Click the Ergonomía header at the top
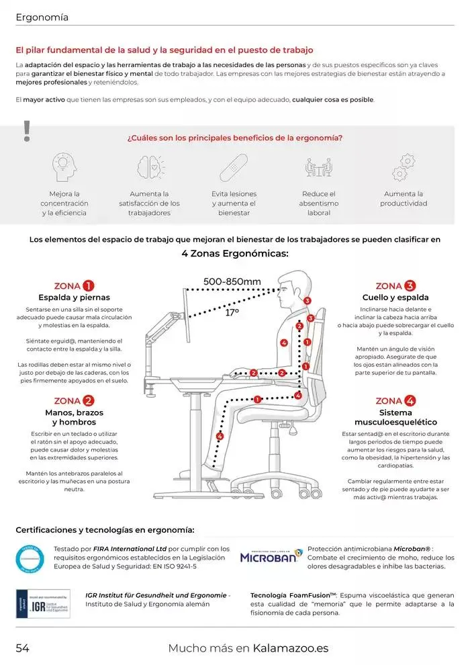coord(42,17)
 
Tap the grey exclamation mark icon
coord(27,131)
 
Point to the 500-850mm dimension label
coord(232,281)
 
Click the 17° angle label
coord(232,312)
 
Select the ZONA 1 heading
coord(74,285)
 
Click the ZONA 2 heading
coord(74,400)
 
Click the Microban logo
coord(271,557)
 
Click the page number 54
coord(23,648)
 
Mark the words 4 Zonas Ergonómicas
coord(234,253)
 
